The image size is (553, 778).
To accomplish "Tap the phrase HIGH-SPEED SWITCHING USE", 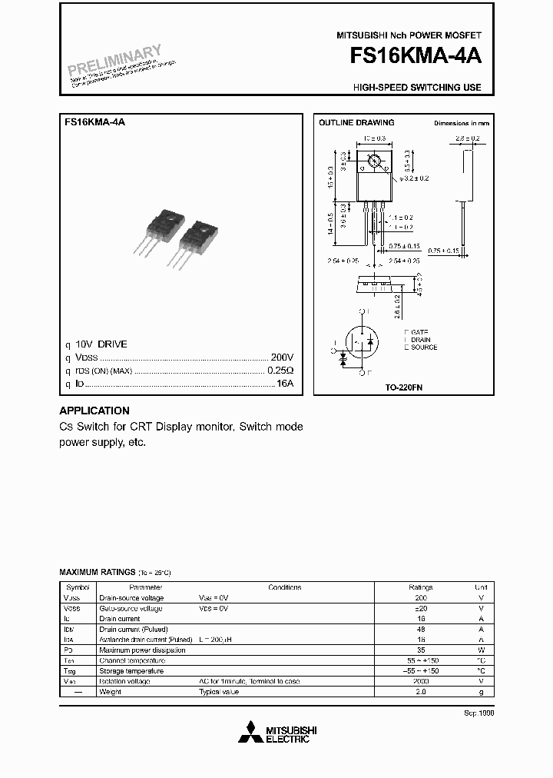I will [417, 88].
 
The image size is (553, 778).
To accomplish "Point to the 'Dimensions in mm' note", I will [461, 123].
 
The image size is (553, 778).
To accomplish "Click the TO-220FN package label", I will [404, 388].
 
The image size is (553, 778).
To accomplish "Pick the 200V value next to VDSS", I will [282, 357].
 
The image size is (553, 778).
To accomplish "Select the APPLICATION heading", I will [94, 411].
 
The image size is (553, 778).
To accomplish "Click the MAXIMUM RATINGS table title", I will [97, 573].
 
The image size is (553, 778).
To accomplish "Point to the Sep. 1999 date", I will [478, 713].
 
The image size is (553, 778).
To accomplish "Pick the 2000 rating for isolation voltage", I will [420, 681].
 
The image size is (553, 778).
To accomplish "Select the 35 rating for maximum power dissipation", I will [420, 650].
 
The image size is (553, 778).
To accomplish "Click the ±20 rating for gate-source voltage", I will [420, 608].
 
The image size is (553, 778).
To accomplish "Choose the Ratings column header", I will [420, 587].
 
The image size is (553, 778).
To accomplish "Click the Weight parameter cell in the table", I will [111, 692].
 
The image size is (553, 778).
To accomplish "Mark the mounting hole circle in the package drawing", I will [375, 161].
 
